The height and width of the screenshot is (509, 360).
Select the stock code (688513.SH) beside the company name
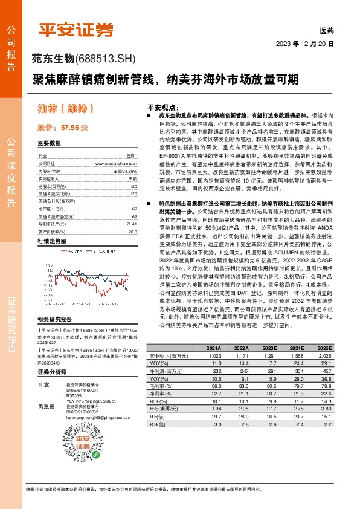[107, 59]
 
